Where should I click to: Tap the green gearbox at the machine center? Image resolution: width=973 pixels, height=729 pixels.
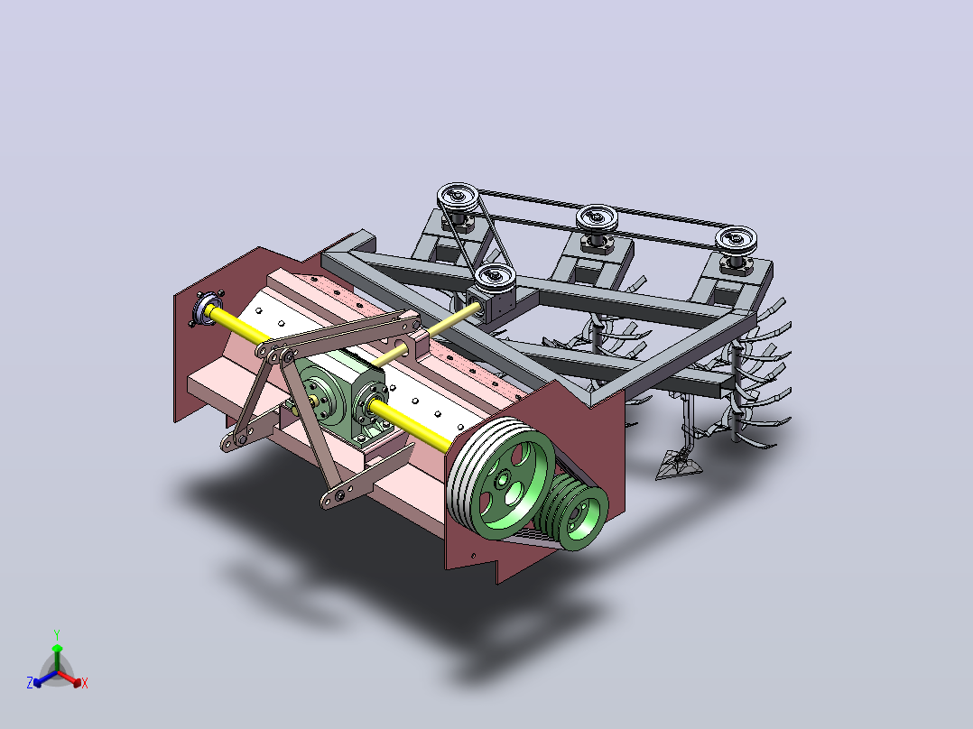coord(341,397)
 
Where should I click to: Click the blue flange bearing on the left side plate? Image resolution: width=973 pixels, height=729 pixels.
coord(206,308)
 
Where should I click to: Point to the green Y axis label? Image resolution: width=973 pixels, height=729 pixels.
coord(57,634)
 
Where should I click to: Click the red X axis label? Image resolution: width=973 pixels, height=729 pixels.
coord(85,683)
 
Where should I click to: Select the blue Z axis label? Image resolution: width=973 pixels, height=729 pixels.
coord(30,683)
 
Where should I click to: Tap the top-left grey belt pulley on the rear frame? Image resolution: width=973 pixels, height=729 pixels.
coord(458,198)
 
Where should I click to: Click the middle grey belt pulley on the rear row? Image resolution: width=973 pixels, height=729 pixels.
coord(597,219)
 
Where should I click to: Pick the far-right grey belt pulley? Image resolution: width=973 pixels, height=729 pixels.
coord(736,240)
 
